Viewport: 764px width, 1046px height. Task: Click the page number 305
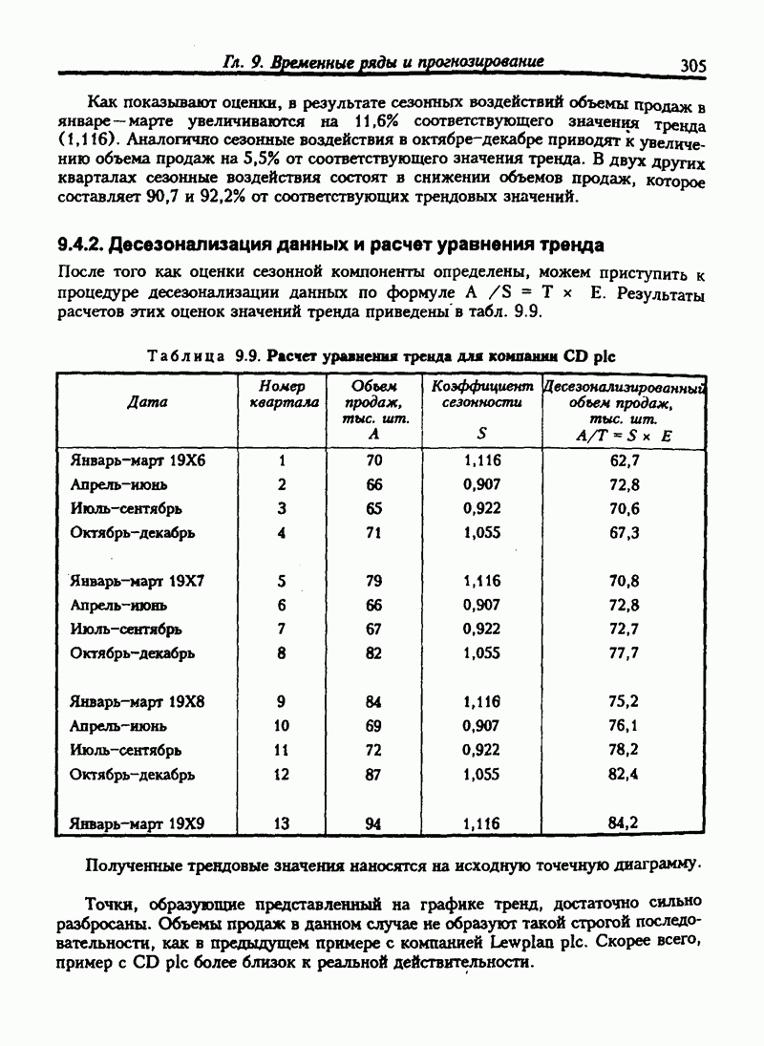692,66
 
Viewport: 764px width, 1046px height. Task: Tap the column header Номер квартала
282,395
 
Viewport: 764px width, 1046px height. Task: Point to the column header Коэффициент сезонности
481,395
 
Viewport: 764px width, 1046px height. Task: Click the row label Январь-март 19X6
138,460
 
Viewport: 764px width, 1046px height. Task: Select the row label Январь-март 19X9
138,822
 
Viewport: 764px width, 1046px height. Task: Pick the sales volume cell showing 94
374,822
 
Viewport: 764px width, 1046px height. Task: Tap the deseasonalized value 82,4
624,774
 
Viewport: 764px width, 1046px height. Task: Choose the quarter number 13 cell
282,822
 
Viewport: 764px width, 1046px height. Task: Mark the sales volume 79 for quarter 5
374,581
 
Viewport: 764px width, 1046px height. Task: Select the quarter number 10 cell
282,726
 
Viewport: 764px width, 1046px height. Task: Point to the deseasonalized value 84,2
624,822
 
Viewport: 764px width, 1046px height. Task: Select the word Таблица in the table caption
185,355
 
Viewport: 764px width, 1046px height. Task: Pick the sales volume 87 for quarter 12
374,774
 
